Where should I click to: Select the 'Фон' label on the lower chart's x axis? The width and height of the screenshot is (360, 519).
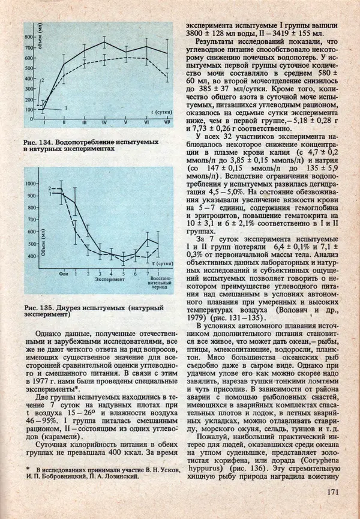[63, 273]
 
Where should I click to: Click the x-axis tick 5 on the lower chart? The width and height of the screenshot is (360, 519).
[124, 273]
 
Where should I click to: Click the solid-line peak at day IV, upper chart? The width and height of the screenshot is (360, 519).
[104, 42]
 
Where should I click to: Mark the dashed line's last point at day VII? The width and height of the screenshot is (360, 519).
[167, 75]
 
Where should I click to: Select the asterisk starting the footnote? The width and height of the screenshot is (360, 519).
[28, 469]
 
